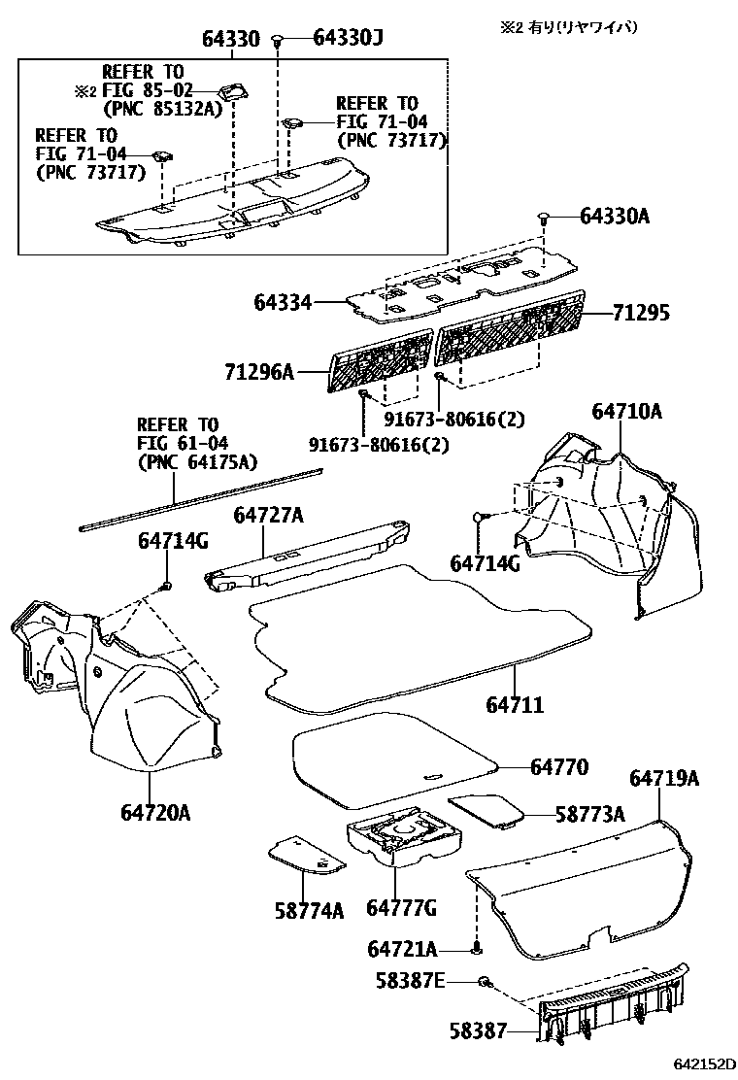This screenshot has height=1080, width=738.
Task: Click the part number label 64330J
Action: [x=348, y=39]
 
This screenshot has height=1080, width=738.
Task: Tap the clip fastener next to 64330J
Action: [x=279, y=40]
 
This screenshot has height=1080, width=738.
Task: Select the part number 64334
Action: [x=283, y=303]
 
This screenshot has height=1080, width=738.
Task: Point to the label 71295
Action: [x=641, y=315]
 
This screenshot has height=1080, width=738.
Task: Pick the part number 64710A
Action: [x=626, y=411]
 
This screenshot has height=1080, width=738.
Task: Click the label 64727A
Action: [x=269, y=514]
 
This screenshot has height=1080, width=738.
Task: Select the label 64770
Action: [x=559, y=766]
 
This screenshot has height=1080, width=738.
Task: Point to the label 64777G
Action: [x=401, y=907]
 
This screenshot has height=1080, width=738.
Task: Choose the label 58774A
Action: [x=309, y=910]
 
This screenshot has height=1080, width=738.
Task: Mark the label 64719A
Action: [x=664, y=778]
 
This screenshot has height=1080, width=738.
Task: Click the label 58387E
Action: [x=410, y=982]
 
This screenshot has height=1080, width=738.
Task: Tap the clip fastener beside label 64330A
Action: [x=544, y=217]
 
